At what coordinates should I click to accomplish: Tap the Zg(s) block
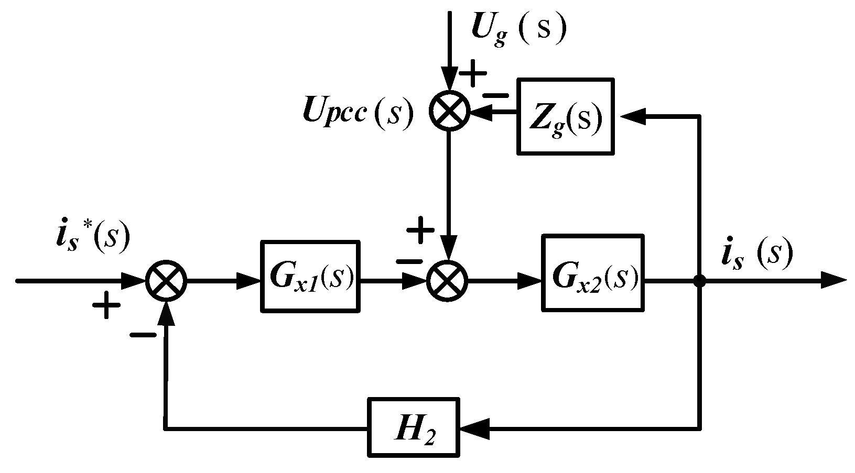pyautogui.click(x=566, y=116)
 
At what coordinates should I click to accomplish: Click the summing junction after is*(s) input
pyautogui.click(x=166, y=281)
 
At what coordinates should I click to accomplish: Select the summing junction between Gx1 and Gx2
pyautogui.click(x=448, y=281)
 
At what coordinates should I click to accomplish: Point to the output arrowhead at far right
pyautogui.click(x=834, y=281)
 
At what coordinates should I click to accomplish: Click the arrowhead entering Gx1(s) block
pyautogui.click(x=249, y=281)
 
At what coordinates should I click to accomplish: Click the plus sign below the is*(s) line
pyautogui.click(x=106, y=305)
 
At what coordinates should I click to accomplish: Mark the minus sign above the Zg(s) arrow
pyautogui.click(x=495, y=95)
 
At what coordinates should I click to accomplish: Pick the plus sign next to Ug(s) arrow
pyautogui.click(x=473, y=74)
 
